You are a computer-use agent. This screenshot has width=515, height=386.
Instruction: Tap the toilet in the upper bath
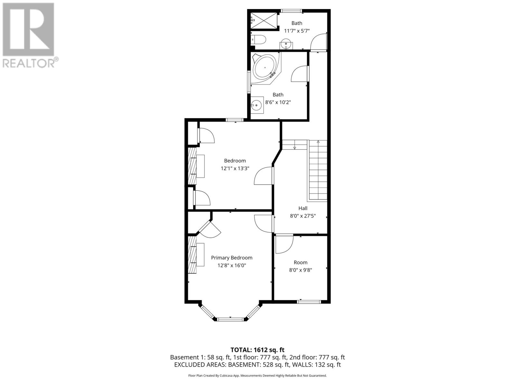pos(259,40)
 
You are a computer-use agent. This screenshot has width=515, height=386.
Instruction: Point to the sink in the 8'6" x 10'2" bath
pos(257,105)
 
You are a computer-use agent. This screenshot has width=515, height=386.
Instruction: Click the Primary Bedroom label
pos(231,258)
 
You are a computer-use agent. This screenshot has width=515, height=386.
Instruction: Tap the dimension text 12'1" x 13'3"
pos(235,168)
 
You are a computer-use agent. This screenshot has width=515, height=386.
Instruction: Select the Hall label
pos(303,208)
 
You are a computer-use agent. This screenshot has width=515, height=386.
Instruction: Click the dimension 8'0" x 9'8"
pos(300,270)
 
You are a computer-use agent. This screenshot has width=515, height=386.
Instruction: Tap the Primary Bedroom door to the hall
pos(263,223)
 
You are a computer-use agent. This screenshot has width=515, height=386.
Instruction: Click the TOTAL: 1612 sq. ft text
pos(257,350)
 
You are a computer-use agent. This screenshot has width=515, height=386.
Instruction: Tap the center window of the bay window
pos(230,319)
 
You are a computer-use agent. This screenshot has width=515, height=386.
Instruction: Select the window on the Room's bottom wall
pos(309,302)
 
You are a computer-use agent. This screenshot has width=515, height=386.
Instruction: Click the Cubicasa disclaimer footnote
pos(257,375)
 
